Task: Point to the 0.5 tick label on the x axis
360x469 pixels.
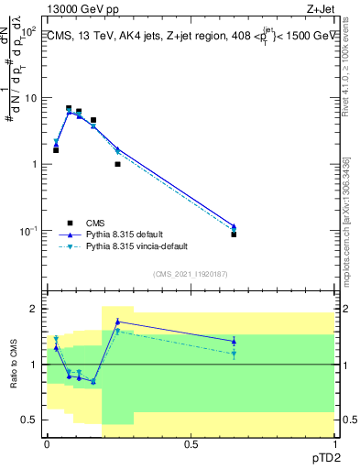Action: tap(191, 443)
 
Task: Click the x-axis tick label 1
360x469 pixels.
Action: tap(334, 443)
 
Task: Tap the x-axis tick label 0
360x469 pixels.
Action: tap(47, 443)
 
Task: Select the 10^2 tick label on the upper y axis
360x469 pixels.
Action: tap(27, 32)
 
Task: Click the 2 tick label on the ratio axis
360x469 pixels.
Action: tap(34, 309)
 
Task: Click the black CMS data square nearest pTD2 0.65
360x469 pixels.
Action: tap(234, 234)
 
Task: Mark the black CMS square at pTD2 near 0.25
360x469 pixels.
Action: tap(117, 164)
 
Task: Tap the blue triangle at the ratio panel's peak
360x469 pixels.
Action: tap(117, 322)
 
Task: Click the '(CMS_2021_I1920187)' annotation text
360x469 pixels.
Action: tap(190, 273)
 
